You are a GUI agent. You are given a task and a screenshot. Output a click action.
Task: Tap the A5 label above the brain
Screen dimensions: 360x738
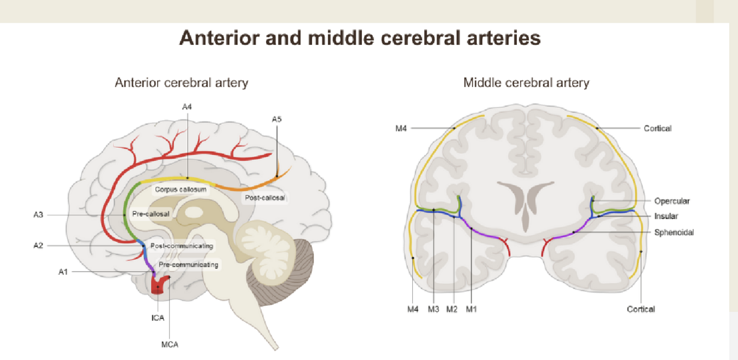(x=277, y=119)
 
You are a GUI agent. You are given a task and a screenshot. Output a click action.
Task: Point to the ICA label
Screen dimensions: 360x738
(x=158, y=318)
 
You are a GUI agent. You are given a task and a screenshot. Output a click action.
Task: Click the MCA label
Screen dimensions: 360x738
(x=170, y=344)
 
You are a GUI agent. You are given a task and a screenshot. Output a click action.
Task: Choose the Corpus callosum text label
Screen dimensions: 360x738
(x=180, y=189)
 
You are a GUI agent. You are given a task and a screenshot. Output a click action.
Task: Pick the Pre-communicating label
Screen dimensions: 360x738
(x=188, y=265)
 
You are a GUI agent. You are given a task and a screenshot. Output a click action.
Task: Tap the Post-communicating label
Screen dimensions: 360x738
(x=181, y=246)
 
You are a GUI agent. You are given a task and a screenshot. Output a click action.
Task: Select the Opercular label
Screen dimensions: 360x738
(x=672, y=201)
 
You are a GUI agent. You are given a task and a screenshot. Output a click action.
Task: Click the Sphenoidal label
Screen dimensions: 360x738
(x=673, y=232)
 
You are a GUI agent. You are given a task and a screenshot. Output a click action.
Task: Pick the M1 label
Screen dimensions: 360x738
(x=471, y=309)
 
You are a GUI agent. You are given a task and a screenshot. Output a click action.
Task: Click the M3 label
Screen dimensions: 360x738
(x=433, y=309)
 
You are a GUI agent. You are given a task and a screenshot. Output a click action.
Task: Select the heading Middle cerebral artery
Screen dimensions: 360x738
(x=526, y=83)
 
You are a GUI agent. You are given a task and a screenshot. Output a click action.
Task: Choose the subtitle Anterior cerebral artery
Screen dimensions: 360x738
(x=181, y=83)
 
